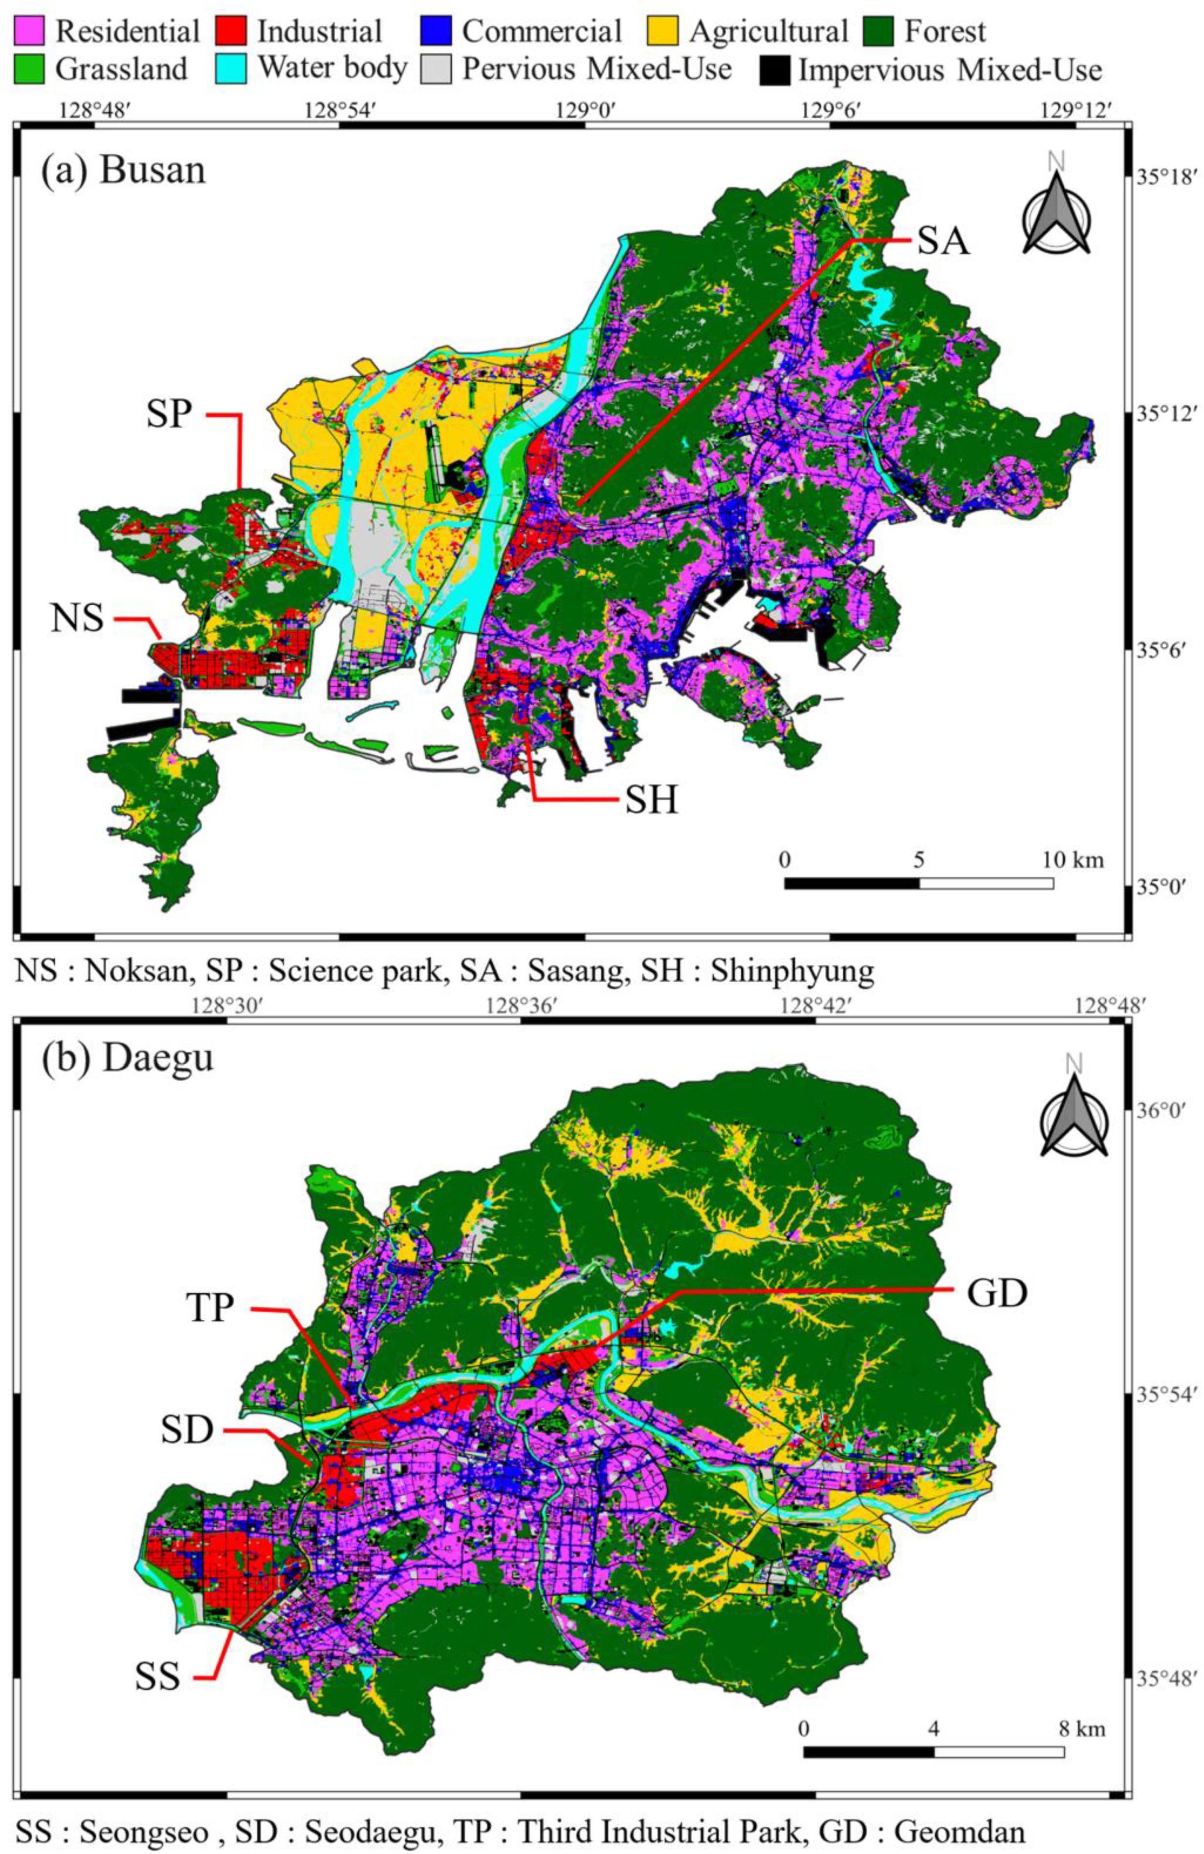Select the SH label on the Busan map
[x=651, y=799]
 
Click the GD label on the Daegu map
[x=997, y=1293]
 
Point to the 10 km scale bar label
[x=1073, y=860]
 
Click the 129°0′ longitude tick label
[x=585, y=110]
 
